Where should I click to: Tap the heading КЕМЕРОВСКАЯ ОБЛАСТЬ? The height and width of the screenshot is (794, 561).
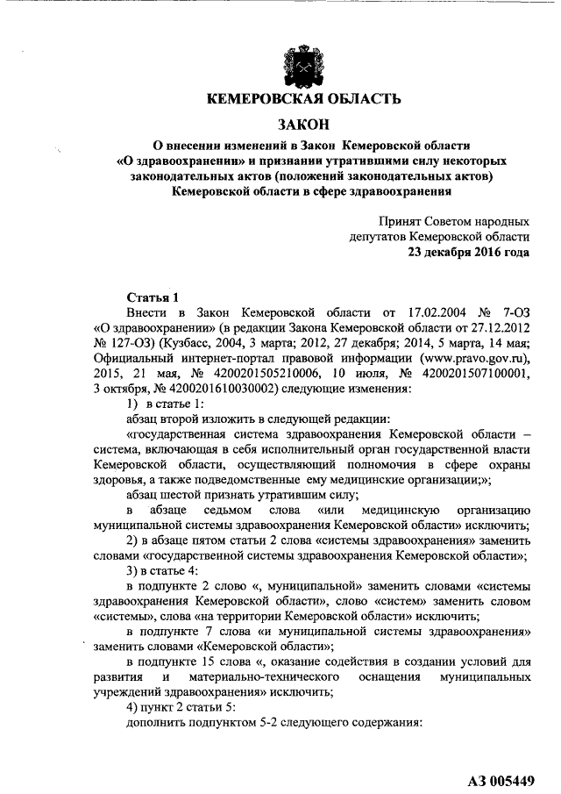click(302, 98)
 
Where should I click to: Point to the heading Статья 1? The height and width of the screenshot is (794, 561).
click(153, 297)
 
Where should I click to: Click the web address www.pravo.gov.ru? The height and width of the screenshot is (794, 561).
click(466, 359)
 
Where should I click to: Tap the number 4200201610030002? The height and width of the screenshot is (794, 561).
click(216, 390)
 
